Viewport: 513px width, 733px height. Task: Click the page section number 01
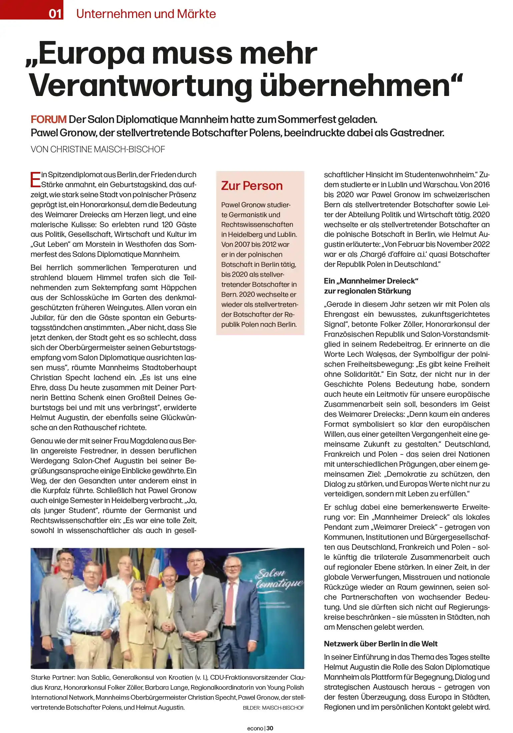point(55,13)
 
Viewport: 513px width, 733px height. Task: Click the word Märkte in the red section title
point(196,14)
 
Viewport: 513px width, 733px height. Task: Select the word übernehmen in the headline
point(355,86)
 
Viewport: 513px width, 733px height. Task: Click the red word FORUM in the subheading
point(49,119)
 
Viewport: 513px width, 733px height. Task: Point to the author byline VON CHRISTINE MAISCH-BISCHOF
point(98,149)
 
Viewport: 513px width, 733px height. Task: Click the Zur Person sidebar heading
point(252,186)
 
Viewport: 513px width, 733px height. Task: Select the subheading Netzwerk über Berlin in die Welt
point(381,644)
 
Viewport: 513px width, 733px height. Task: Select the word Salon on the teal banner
point(271,574)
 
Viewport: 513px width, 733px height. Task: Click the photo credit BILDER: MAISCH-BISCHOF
point(273,708)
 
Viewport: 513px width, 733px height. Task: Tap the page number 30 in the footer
point(270,728)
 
